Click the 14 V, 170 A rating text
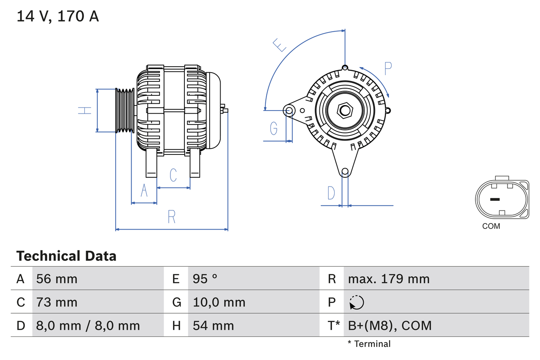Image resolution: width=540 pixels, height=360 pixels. (58, 16)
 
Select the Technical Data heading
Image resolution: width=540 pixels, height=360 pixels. (66, 256)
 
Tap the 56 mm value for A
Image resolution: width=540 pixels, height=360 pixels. (57, 279)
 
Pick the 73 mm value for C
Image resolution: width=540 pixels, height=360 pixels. (57, 302)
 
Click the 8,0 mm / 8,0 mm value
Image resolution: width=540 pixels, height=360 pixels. (88, 325)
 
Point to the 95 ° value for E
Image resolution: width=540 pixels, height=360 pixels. (205, 279)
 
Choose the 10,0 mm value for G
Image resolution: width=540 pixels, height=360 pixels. (219, 302)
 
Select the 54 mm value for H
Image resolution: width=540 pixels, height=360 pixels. (213, 325)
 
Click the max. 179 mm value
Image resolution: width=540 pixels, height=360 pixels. (389, 279)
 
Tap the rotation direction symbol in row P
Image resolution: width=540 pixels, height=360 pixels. (356, 302)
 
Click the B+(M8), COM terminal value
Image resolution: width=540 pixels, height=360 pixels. (390, 325)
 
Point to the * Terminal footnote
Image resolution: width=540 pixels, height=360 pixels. (369, 344)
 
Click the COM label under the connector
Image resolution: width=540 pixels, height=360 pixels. (491, 226)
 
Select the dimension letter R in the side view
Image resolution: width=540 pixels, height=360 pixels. (171, 217)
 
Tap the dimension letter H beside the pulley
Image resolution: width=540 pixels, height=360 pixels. (85, 111)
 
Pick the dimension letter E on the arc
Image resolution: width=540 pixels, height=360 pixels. (280, 45)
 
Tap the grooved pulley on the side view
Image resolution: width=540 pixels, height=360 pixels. (125, 111)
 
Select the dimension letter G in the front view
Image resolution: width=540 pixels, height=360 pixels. (274, 128)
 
